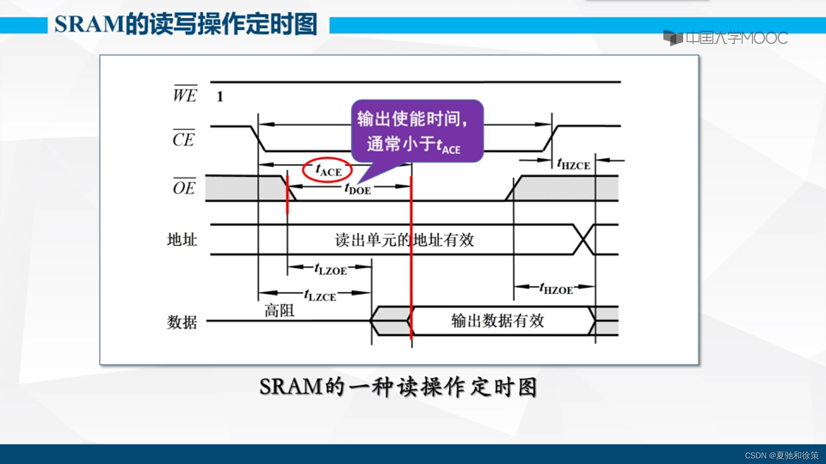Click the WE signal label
click(185, 94)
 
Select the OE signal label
click(184, 187)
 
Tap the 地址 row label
click(182, 240)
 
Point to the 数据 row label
click(182, 322)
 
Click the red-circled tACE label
click(328, 170)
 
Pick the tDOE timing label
click(358, 188)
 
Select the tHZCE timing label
click(573, 164)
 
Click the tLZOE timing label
click(330, 269)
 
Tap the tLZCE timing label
click(320, 295)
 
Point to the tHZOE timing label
click(556, 289)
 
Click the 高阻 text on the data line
click(279, 310)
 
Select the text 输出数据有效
click(497, 321)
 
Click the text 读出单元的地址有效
click(404, 240)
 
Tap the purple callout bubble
click(417, 131)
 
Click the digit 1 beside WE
click(220, 97)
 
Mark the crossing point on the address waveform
click(584, 240)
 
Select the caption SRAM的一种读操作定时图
click(398, 387)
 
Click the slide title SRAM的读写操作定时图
click(186, 24)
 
